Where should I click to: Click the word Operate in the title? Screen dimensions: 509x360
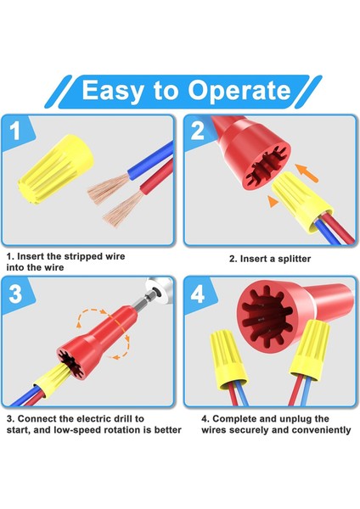click(x=234, y=91)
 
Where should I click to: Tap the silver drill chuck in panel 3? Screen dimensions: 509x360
click(x=155, y=291)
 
